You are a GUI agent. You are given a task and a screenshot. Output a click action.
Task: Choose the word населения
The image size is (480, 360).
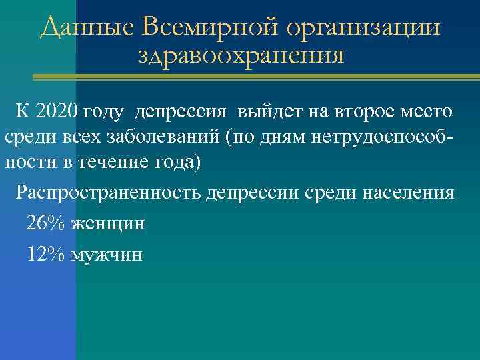[x=407, y=192]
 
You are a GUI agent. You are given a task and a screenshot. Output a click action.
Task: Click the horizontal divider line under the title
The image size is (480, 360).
[x=253, y=78]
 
